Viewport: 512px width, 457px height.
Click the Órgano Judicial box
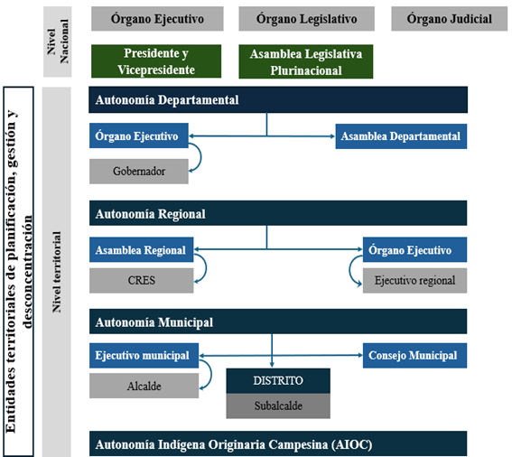point(450,19)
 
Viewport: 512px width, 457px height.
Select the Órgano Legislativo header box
point(306,19)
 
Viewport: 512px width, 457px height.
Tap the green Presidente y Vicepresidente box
point(156,61)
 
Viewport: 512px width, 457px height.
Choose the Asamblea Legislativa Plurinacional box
point(305,61)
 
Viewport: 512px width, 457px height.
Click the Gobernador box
point(139,172)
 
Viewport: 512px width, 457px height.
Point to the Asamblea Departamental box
point(401,136)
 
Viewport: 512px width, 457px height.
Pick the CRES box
point(142,280)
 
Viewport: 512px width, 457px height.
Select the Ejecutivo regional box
point(414,280)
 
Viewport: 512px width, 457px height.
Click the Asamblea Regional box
point(142,249)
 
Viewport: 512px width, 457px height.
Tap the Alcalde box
point(144,386)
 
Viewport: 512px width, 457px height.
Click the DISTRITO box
point(278,381)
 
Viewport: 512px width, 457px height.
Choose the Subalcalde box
point(278,406)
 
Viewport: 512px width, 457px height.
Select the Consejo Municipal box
point(414,356)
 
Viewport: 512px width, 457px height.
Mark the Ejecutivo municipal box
point(144,356)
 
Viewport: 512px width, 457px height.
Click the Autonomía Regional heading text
point(151,214)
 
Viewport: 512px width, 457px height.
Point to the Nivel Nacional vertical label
point(58,42)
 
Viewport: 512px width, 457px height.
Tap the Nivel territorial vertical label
point(57,272)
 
